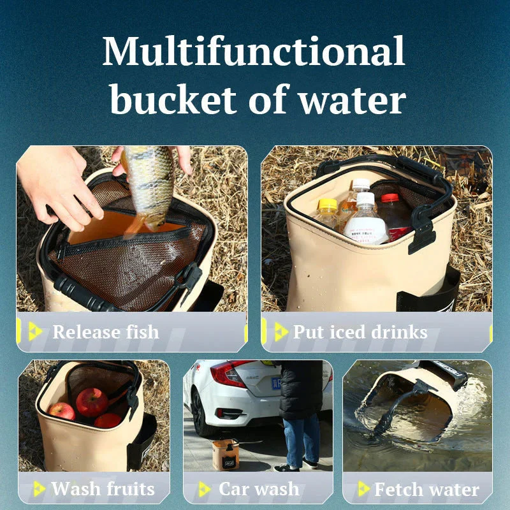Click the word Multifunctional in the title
coord(254,51)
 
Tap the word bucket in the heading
coord(173,98)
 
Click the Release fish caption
coord(106,332)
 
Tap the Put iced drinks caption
coord(360,332)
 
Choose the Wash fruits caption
coord(103,489)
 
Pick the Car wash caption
coord(259,489)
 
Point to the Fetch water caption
coord(426,489)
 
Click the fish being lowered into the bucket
coord(148,189)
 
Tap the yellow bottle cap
coord(328,204)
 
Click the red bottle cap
coord(390,198)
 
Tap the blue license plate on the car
coord(276,383)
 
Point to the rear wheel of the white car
coord(201,413)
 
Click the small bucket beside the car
coord(225,455)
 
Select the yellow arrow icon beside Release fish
coord(35,331)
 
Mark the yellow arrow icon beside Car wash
coord(205,489)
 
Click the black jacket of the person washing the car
coord(301,390)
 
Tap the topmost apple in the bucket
coord(92,402)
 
